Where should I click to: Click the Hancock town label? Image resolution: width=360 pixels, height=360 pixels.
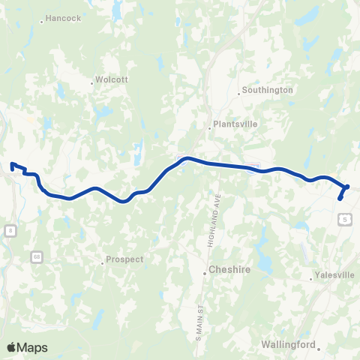tap(63, 18)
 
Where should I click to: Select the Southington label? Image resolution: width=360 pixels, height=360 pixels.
tap(267, 90)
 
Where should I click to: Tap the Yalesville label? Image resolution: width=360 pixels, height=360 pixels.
tap(334, 275)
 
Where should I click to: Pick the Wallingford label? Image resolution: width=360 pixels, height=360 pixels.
tap(286, 344)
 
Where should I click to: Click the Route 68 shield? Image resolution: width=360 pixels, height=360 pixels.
tap(37, 257)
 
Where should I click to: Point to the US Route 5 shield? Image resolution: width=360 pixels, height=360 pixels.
tap(343, 217)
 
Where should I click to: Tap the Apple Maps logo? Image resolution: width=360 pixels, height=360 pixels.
tap(27, 347)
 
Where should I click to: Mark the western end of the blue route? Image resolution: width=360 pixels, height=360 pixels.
tap(11, 164)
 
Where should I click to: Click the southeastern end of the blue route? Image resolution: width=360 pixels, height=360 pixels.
tap(340, 199)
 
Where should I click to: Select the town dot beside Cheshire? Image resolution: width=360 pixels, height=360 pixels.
tap(204, 274)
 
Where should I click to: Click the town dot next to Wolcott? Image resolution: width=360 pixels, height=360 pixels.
tap(91, 83)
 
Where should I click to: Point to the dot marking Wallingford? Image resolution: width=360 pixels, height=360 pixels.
tap(319, 349)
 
